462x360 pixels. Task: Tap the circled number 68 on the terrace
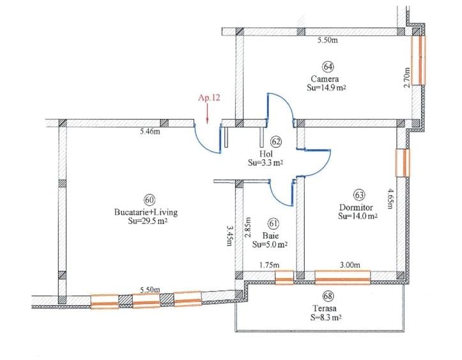pyautogui.click(x=328, y=296)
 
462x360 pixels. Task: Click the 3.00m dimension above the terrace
pyautogui.click(x=349, y=265)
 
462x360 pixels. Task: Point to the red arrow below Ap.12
pyautogui.click(x=209, y=115)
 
